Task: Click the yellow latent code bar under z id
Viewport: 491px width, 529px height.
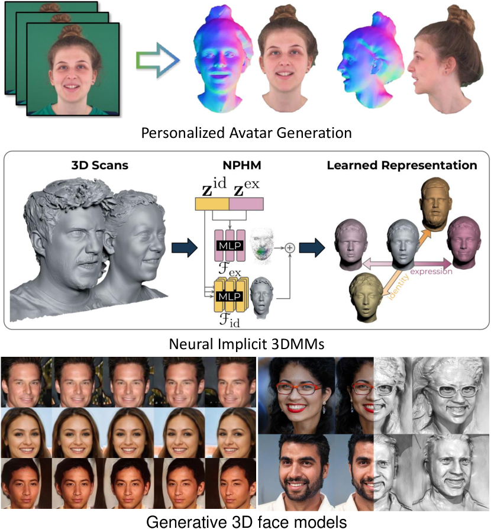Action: pos(212,204)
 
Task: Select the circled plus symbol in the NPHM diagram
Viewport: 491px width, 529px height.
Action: pos(290,248)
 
